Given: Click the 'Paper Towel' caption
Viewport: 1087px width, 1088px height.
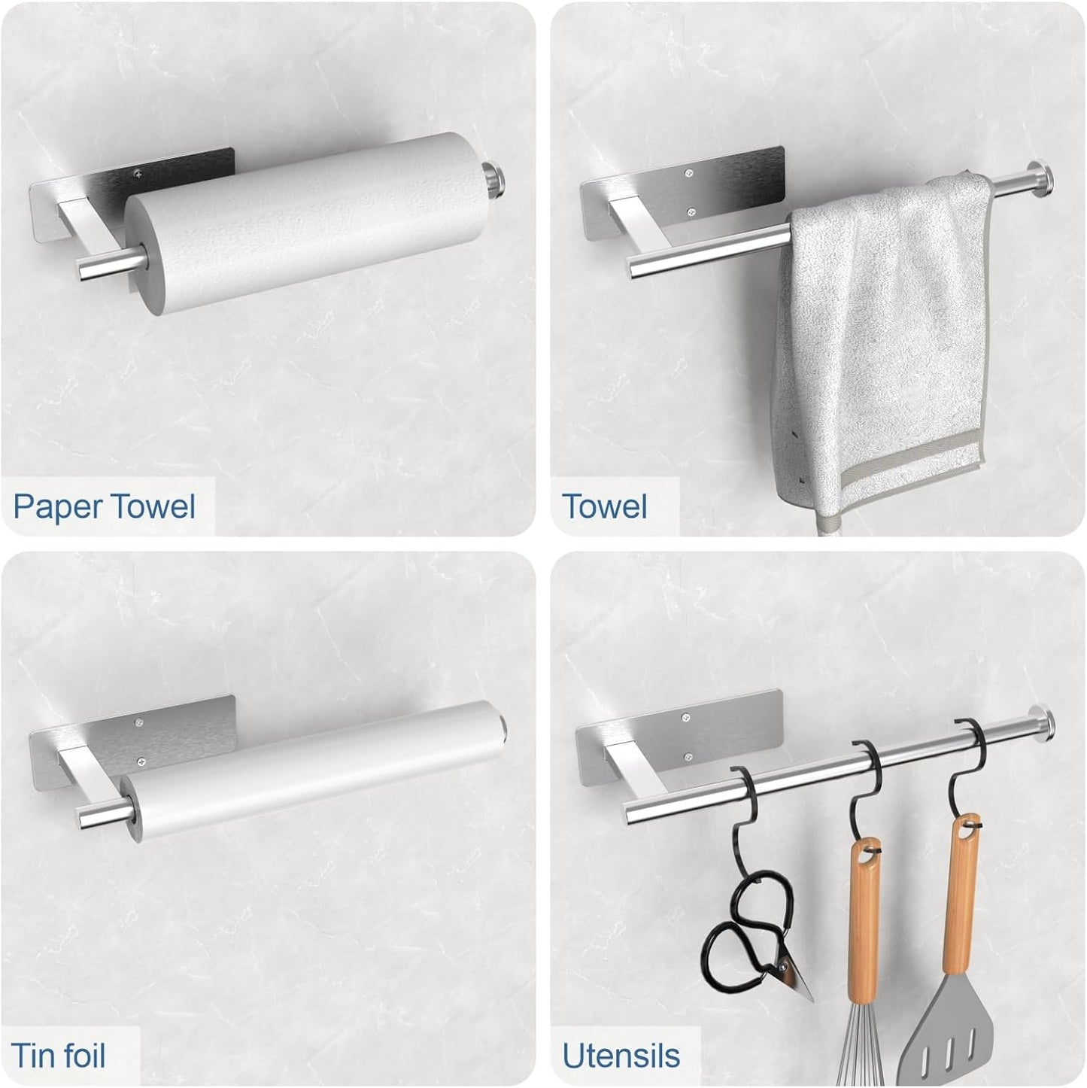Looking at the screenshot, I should [105, 506].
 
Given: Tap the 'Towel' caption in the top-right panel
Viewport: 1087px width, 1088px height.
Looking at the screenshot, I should [604, 506].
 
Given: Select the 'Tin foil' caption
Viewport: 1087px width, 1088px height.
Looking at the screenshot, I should [58, 1055].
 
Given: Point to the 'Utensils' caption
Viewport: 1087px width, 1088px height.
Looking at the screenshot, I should [621, 1056].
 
